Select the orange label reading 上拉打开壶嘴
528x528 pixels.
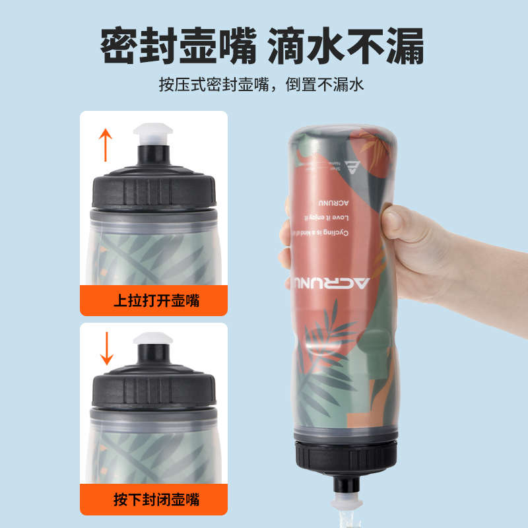pos(157,302)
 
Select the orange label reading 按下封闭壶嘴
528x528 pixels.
pos(157,499)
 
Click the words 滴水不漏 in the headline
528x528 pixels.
pos(346,46)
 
